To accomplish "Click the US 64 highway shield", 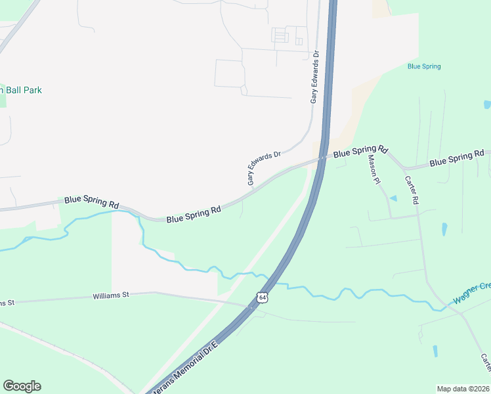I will (263, 297).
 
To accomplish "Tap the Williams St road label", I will (111, 295).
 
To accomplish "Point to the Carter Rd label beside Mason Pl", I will (412, 190).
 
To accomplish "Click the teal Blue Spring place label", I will (424, 66).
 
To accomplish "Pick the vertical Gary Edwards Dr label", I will (315, 77).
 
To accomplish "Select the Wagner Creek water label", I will (471, 294).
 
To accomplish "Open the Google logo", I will (22, 386).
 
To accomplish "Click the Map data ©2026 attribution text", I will (462, 389).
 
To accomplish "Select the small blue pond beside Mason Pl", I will (393, 198).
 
